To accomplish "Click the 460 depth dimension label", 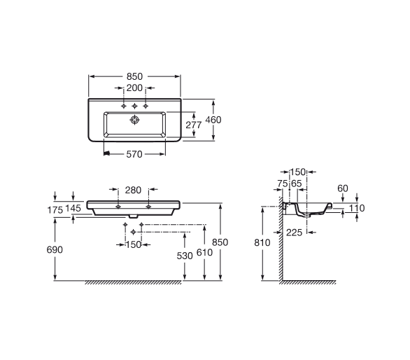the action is pyautogui.click(x=213, y=120).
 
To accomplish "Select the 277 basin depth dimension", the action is pyautogui.click(x=194, y=125).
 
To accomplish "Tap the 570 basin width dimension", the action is pyautogui.click(x=134, y=154).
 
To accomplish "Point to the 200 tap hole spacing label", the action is pyautogui.click(x=134, y=88).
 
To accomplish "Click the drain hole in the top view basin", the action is pyautogui.click(x=134, y=120).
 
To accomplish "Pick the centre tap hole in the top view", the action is pyautogui.click(x=134, y=106).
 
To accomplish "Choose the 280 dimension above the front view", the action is pyautogui.click(x=133, y=190).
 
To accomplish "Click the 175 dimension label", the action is pyautogui.click(x=55, y=210).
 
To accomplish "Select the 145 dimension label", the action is pyautogui.click(x=73, y=208).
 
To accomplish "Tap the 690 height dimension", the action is pyautogui.click(x=55, y=250).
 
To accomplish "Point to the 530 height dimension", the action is pyautogui.click(x=185, y=256).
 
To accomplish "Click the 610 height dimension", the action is pyautogui.click(x=204, y=252).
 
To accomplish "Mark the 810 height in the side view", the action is pyautogui.click(x=262, y=243).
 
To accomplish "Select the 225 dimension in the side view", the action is pyautogui.click(x=294, y=233).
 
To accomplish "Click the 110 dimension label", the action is pyautogui.click(x=357, y=208).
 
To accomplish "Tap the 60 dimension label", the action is pyautogui.click(x=343, y=188).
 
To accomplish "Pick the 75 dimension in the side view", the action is pyautogui.click(x=283, y=184).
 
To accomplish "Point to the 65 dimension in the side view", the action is pyautogui.click(x=297, y=184).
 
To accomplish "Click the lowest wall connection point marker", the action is pyautogui.click(x=134, y=232).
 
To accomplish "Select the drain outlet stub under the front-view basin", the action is pyautogui.click(x=134, y=216).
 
